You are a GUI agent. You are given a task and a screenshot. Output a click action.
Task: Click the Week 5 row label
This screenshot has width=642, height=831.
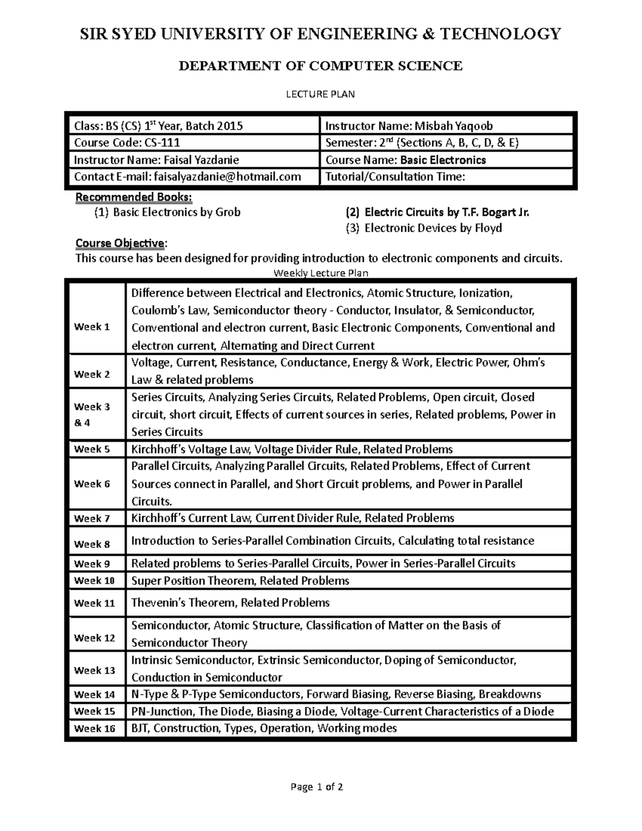coord(91,449)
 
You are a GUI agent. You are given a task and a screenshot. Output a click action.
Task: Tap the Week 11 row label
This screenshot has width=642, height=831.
coord(94,603)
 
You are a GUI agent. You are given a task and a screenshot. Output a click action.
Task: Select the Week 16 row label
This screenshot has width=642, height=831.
coord(94,729)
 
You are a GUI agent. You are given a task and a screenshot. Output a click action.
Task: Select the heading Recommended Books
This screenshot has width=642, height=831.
coord(134,197)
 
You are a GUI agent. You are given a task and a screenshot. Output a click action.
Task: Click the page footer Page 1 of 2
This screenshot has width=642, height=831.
coord(317,787)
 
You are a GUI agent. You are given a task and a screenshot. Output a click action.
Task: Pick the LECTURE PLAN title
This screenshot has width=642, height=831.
coord(320,94)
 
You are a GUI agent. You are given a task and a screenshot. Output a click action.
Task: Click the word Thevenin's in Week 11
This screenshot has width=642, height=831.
coord(156,603)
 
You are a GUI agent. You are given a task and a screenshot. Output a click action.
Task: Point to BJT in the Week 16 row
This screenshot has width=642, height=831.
coord(141,728)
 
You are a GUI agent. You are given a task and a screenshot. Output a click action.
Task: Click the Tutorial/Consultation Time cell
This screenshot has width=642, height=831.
coord(395,177)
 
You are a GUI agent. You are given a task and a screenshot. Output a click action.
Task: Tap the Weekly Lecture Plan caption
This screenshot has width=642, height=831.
coord(321,273)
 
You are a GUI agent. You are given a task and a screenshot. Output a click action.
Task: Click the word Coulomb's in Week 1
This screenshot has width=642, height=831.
coord(155,310)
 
